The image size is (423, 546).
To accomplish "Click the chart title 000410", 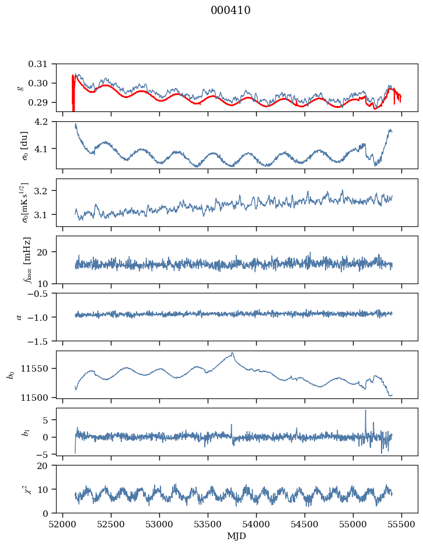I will [x=230, y=10].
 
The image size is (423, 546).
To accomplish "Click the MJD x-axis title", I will [x=236, y=536].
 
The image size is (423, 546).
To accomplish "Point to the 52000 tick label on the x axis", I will [x=63, y=524].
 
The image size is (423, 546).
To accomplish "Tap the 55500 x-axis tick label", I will [x=401, y=524].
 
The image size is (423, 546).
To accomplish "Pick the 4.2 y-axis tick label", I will [x=46, y=121].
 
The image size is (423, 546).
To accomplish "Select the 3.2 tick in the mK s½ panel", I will [x=46, y=191].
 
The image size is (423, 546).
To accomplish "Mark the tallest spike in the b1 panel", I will [x=366, y=410].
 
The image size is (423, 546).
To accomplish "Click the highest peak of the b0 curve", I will [x=232, y=353].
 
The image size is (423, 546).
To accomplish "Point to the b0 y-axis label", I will [x=11, y=374].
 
